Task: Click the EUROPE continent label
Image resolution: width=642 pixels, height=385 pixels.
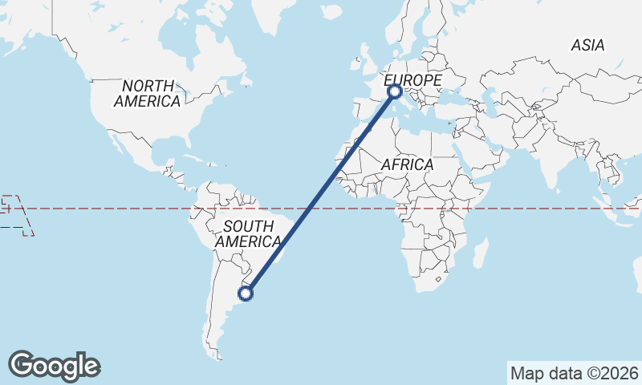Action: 412,81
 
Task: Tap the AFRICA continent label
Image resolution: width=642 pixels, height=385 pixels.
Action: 407,164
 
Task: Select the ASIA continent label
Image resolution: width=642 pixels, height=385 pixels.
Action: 587,46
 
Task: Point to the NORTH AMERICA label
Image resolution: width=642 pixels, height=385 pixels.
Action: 147,94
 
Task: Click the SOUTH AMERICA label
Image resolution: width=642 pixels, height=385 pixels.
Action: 248,233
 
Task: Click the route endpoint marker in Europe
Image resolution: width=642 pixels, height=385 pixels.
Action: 395,92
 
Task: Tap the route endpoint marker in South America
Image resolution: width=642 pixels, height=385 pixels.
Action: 246,294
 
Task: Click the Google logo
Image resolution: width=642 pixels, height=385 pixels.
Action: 54,366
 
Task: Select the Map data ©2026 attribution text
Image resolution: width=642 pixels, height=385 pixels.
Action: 575,373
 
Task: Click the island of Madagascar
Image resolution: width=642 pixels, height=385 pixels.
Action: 481,254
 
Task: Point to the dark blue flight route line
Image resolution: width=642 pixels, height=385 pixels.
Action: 321,192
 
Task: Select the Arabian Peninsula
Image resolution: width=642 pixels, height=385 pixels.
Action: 490,144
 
